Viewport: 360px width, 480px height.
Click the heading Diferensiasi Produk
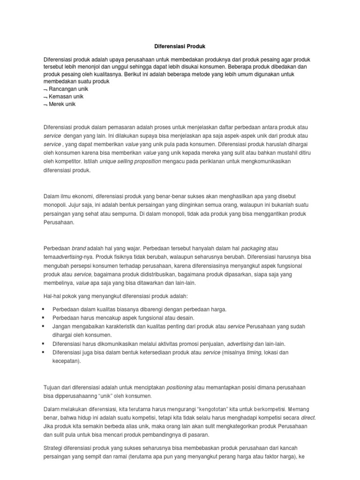[180, 47]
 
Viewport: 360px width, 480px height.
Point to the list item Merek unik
[62, 104]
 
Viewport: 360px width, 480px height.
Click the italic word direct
[308, 417]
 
